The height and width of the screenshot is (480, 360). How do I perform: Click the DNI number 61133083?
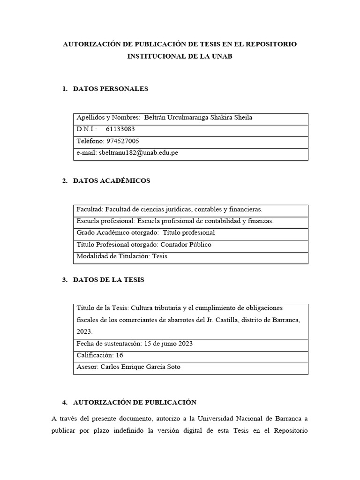tap(120, 129)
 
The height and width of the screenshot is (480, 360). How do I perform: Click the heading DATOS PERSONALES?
tap(111, 89)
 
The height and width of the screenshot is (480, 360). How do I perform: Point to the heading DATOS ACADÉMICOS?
tap(112, 181)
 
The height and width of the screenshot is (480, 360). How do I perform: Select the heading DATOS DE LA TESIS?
tap(109, 280)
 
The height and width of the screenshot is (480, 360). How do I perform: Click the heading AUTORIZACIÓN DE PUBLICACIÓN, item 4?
tap(135, 402)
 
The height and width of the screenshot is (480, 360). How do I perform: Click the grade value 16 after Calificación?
tap(119, 355)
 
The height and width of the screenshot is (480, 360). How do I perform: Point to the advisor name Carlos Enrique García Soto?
tap(140, 367)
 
